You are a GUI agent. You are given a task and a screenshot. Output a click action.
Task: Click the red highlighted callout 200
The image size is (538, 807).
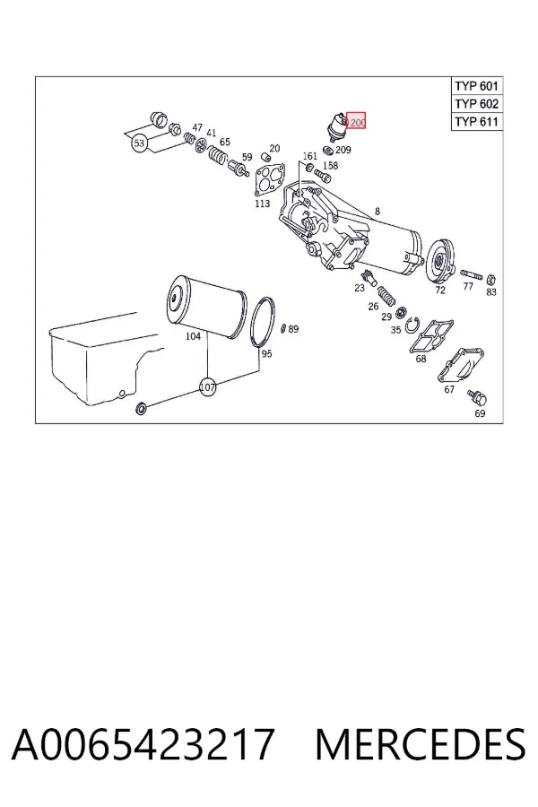pyautogui.click(x=356, y=120)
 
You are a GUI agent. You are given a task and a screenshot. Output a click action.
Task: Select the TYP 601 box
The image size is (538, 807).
pyautogui.click(x=477, y=85)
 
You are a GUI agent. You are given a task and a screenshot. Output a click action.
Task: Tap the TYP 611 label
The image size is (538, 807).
pyautogui.click(x=477, y=121)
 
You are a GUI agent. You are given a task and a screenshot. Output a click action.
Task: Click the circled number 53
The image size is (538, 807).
pyautogui.click(x=139, y=143)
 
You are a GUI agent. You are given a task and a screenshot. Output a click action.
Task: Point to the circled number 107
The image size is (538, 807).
pyautogui.click(x=207, y=386)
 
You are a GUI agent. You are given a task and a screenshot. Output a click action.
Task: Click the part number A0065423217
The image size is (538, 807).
pyautogui.click(x=143, y=743)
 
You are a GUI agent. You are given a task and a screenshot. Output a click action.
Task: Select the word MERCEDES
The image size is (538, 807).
pyautogui.click(x=421, y=743)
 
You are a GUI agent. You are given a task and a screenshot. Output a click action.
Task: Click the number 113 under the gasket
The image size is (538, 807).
pyautogui.click(x=262, y=204)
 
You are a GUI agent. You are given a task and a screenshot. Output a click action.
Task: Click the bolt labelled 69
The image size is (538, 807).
pyautogui.click(x=477, y=398)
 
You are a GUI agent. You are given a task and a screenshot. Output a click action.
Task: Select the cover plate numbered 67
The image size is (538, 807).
pyautogui.click(x=461, y=366)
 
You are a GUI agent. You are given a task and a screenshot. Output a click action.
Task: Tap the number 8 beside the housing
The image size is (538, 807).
pyautogui.click(x=377, y=211)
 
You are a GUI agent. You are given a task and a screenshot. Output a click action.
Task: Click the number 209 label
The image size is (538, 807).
pyautogui.click(x=343, y=150)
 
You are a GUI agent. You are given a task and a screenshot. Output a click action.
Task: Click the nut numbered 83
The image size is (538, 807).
pyautogui.click(x=490, y=280)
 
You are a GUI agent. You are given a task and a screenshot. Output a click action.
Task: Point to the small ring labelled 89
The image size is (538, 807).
pyautogui.click(x=283, y=328)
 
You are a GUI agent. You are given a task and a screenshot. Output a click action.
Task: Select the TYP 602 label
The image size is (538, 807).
pyautogui.click(x=477, y=103)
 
